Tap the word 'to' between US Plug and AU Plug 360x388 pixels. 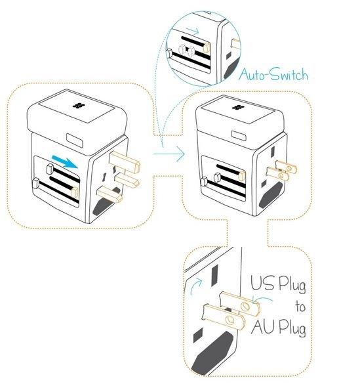(x=298, y=307)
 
